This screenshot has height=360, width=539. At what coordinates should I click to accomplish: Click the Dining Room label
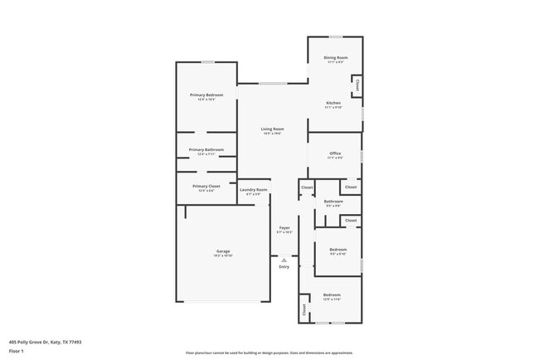[336, 57]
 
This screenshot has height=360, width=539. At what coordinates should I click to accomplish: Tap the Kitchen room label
[333, 103]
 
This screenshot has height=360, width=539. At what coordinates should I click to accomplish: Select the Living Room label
[272, 129]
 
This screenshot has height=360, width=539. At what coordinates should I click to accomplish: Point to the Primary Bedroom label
[206, 95]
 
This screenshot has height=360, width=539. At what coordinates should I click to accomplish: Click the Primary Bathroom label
[206, 149]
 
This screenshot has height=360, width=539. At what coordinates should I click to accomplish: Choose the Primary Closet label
[206, 187]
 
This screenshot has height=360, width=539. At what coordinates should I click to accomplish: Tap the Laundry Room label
[254, 190]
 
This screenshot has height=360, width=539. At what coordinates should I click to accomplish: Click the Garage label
[223, 251]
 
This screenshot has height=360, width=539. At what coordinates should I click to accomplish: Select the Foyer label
[284, 228]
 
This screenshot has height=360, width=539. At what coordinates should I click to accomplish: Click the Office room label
[335, 153]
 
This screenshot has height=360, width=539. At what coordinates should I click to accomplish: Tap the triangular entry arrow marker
[284, 260]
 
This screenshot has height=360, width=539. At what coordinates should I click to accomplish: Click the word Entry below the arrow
[284, 267]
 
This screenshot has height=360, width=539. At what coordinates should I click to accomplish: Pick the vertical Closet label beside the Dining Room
[357, 85]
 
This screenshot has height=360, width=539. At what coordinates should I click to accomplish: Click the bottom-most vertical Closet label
[304, 310]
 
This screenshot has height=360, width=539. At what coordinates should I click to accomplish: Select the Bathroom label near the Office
[333, 202]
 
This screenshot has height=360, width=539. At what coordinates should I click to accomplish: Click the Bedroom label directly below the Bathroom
[337, 249]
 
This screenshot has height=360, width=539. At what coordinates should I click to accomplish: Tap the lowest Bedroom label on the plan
[332, 295]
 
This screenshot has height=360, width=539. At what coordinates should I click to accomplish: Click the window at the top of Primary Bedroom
[208, 62]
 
